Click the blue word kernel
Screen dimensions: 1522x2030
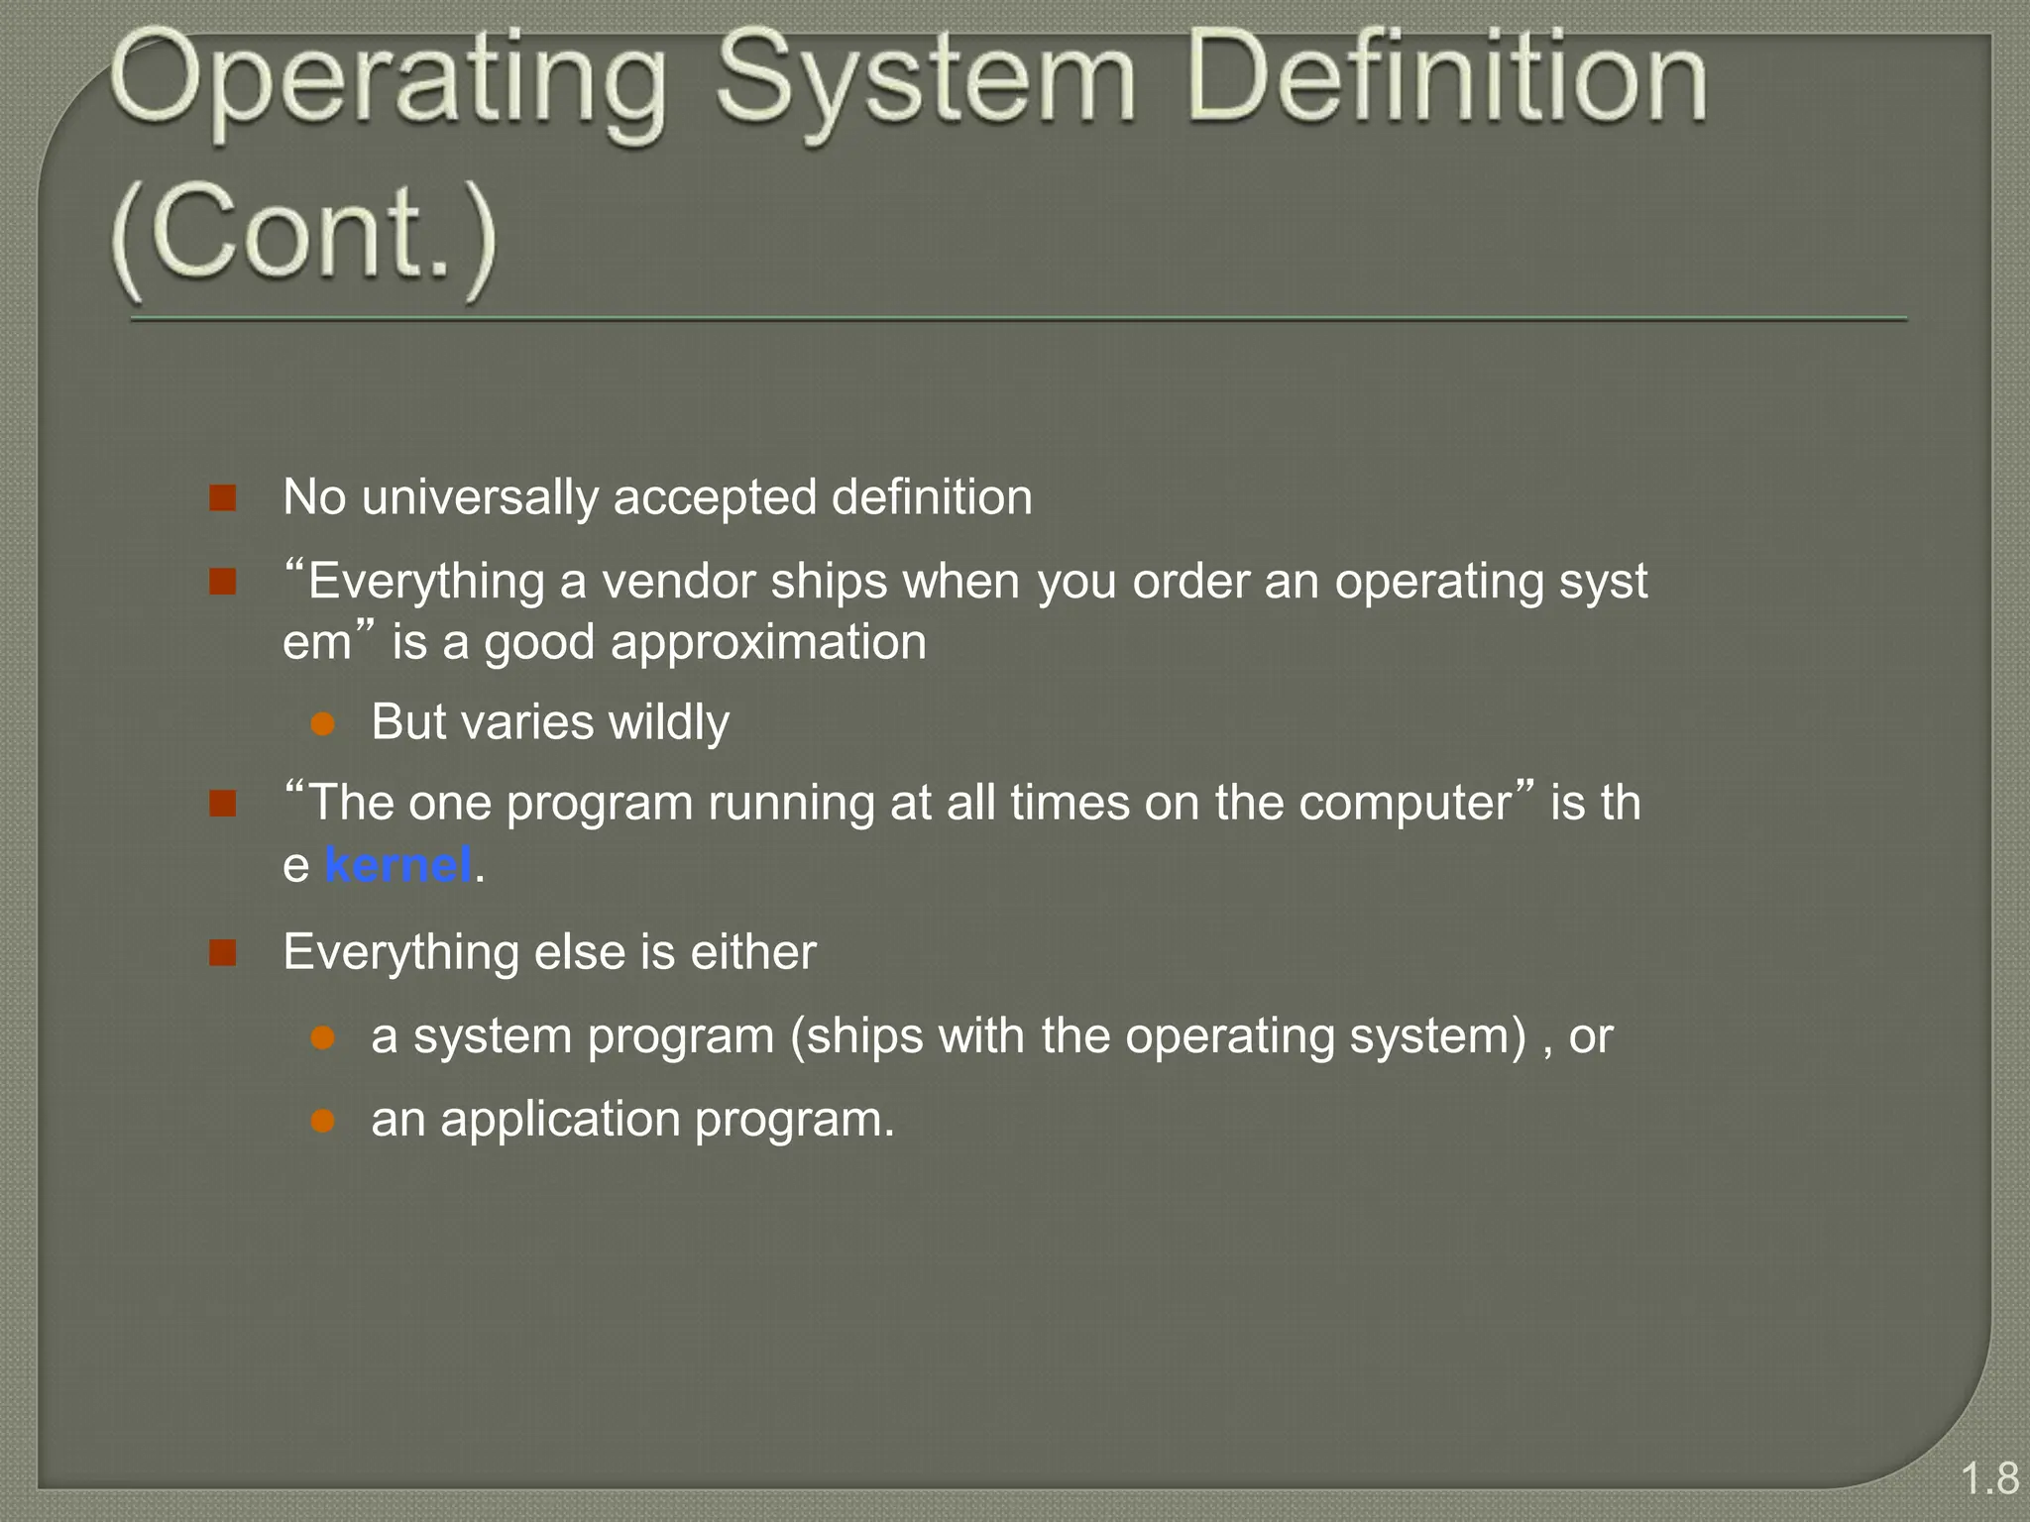397,865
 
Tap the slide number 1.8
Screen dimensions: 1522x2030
1989,1478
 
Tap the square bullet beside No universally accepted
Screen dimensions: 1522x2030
223,497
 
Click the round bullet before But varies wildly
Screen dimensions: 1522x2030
322,723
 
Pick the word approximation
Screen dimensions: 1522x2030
768,643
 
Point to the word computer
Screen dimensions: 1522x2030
1417,803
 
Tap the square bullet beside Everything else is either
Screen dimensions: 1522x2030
223,953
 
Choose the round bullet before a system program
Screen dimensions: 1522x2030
322,1037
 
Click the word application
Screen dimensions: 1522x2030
560,1121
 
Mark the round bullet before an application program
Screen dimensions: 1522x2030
322,1121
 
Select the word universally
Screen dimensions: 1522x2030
480,497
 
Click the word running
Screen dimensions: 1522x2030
791,803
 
